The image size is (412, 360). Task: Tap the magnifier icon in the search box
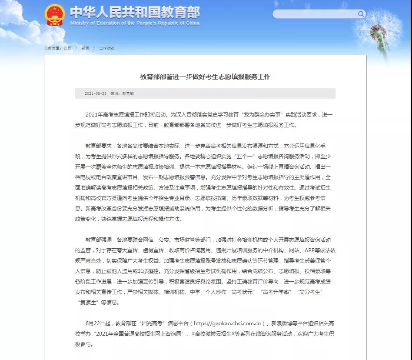(361, 14)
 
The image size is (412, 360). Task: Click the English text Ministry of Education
(135, 23)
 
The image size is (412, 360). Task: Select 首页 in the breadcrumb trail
(67, 48)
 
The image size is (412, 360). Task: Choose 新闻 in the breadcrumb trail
(85, 48)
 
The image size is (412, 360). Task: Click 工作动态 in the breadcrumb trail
(107, 48)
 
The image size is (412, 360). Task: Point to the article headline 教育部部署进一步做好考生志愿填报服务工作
(205, 77)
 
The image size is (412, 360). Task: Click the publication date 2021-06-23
(96, 93)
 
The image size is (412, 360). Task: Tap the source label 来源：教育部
(122, 93)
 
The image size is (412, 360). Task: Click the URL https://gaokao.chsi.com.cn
(227, 323)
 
